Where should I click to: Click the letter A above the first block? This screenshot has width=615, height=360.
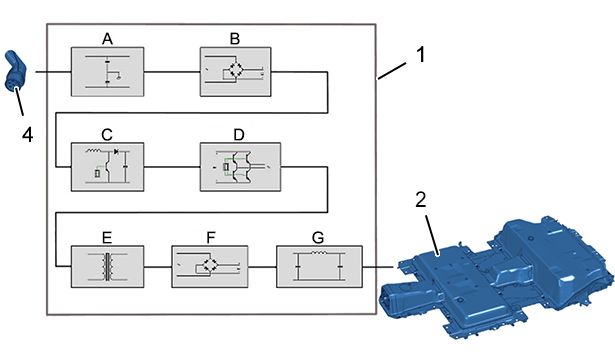[107, 39]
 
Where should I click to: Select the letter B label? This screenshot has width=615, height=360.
[235, 39]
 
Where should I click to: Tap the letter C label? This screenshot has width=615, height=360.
[107, 135]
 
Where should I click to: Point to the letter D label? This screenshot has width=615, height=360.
[238, 135]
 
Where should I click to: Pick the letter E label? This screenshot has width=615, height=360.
[107, 238]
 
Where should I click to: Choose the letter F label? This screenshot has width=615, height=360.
[211, 237]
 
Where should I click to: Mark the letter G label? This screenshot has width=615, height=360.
[318, 237]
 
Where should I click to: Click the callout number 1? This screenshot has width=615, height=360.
[420, 54]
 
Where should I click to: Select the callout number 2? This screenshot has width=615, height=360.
[420, 200]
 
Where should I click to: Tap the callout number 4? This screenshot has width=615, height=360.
[27, 135]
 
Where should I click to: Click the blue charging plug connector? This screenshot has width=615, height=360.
[14, 71]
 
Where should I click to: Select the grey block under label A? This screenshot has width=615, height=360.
[107, 72]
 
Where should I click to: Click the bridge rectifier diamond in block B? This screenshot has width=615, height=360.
[236, 69]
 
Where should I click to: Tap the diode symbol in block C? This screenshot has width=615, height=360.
[116, 151]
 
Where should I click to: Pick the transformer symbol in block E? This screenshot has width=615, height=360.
[107, 267]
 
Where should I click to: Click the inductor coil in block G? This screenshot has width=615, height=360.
[318, 253]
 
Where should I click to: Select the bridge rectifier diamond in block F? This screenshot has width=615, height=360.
[208, 265]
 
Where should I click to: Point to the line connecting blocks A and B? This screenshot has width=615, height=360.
[172, 72]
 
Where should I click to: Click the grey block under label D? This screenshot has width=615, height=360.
[240, 167]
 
